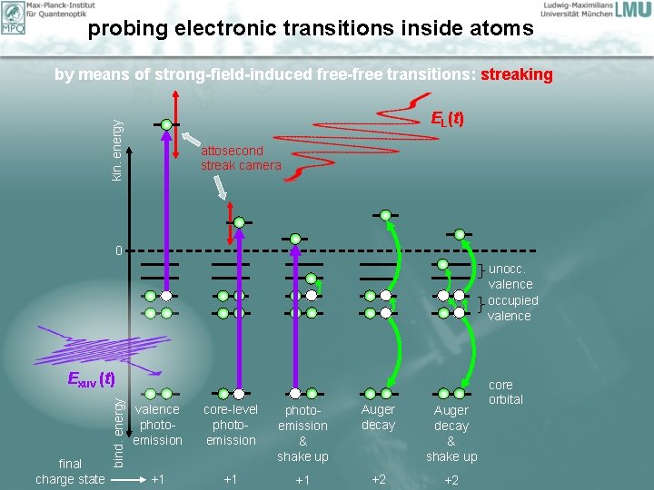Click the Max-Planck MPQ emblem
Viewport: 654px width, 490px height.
point(13,16)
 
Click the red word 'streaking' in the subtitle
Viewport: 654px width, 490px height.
point(516,74)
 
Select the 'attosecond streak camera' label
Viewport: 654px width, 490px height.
point(241,158)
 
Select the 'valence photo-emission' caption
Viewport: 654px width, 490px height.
point(157,425)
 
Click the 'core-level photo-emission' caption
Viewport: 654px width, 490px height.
point(231,425)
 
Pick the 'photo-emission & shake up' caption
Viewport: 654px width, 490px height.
point(302,433)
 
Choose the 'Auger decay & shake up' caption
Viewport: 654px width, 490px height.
point(451,433)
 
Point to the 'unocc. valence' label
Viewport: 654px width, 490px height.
point(510,277)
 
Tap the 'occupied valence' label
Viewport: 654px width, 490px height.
point(512,309)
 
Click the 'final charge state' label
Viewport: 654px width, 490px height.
point(70,471)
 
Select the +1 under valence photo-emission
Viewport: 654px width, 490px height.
point(157,478)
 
